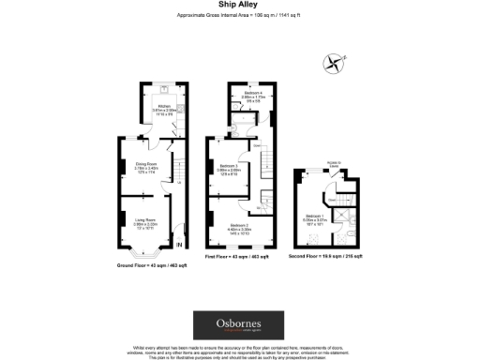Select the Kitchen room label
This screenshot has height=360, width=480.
coord(162,109)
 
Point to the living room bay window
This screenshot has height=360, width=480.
coord(144,252)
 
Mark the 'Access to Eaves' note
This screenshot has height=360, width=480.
coord(333,187)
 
